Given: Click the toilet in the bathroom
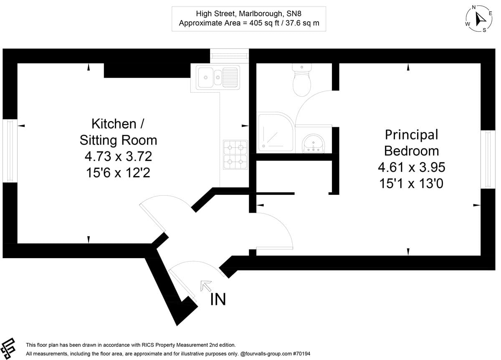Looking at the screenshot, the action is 302,80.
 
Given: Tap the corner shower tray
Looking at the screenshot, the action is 276,133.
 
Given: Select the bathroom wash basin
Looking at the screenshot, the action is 314,143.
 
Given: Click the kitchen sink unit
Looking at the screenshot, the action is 218,77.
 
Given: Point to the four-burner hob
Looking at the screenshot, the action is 235,154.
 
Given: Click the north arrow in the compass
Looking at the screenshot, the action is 480,19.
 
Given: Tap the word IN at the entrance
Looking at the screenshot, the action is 218,300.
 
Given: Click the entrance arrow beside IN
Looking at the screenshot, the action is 206,286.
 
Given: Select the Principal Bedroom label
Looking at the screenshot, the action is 411,143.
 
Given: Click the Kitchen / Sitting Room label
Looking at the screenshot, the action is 118,132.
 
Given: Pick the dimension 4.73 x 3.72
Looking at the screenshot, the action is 118,156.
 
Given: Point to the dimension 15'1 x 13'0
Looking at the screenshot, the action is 411,184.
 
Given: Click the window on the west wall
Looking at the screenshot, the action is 10,151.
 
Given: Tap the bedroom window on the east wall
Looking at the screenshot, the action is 488,159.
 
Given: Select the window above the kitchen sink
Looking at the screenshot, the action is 229,55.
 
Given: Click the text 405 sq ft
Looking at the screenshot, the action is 264,23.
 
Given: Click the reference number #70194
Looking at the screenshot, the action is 301,354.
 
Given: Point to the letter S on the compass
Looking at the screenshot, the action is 484,30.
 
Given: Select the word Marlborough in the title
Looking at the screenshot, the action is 261,14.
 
